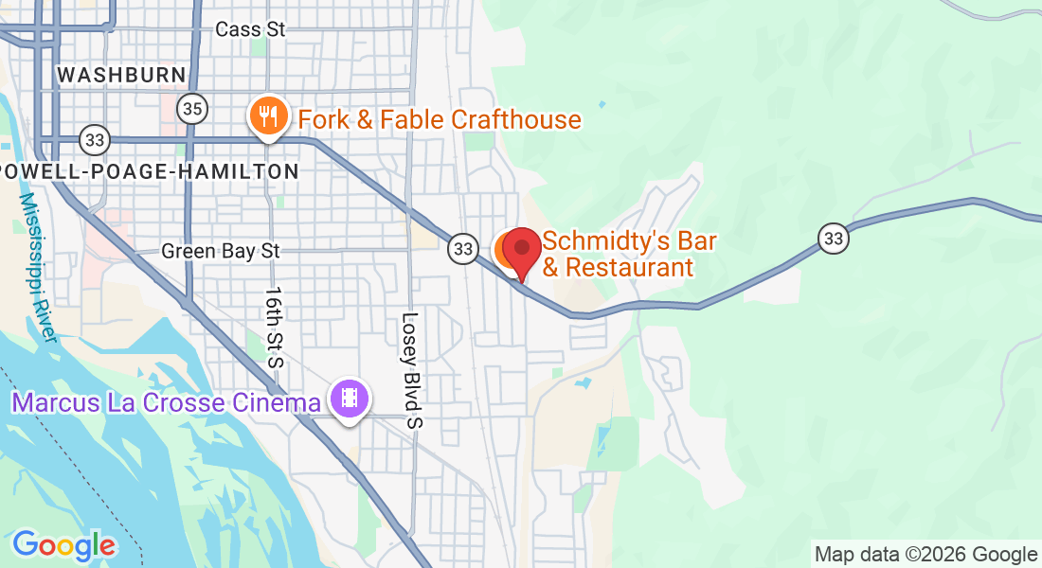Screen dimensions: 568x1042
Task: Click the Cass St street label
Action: pyautogui.click(x=250, y=29)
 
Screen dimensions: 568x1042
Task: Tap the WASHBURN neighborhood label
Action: pyautogui.click(x=120, y=75)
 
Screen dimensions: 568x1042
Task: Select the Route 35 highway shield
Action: pyautogui.click(x=192, y=110)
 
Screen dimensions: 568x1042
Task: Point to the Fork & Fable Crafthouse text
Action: pyautogui.click(x=440, y=119)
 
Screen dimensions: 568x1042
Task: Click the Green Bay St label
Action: pyautogui.click(x=221, y=251)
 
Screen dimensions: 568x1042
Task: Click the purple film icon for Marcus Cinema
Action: pyautogui.click(x=350, y=398)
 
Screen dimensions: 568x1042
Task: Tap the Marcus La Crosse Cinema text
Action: pyautogui.click(x=166, y=402)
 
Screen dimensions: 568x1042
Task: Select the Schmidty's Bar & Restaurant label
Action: pyautogui.click(x=629, y=255)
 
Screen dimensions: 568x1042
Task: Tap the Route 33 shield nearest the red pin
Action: pyautogui.click(x=462, y=249)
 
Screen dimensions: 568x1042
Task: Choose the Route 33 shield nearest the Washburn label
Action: pyautogui.click(x=94, y=140)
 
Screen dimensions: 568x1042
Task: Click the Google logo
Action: pyautogui.click(x=63, y=544)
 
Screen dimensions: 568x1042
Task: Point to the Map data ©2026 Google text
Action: pyautogui.click(x=925, y=555)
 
